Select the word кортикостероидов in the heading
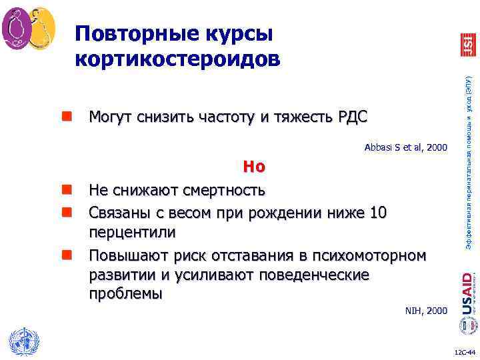click(x=177, y=59)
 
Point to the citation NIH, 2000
click(x=427, y=311)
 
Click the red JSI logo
click(x=468, y=44)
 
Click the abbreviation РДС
click(x=348, y=118)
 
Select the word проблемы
click(x=126, y=294)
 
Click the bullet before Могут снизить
click(x=67, y=118)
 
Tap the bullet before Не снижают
click(x=67, y=191)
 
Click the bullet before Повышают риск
click(x=67, y=254)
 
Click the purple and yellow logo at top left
click(x=28, y=28)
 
